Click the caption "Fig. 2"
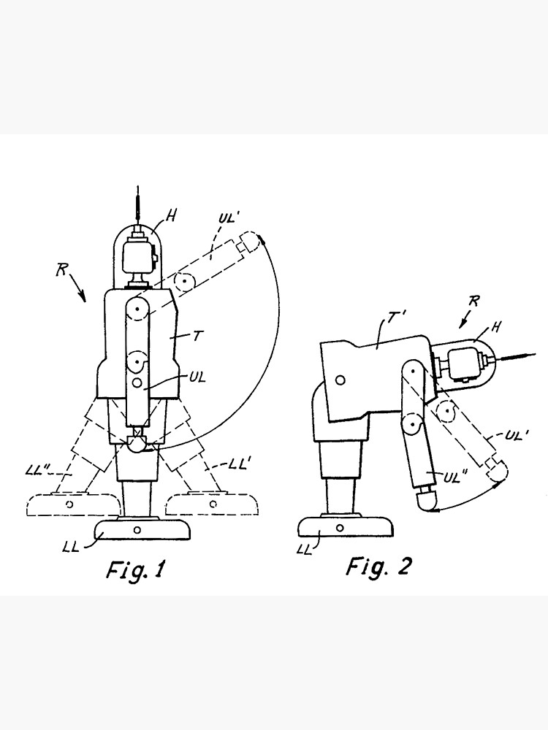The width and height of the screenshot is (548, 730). pyautogui.click(x=378, y=566)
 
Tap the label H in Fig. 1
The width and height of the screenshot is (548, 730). pyautogui.click(x=172, y=215)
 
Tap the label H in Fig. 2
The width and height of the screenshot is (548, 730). pyautogui.click(x=496, y=327)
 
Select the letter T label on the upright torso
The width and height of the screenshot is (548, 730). pyautogui.click(x=197, y=335)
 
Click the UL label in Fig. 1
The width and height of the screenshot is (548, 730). pyautogui.click(x=197, y=377)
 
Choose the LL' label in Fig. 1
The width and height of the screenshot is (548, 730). pyautogui.click(x=240, y=464)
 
